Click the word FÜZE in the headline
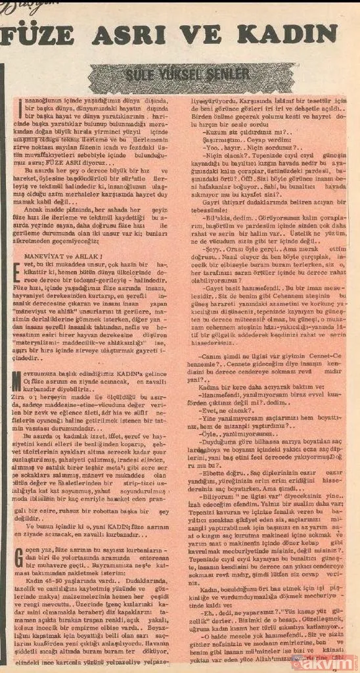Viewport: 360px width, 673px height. coord(43,35)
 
